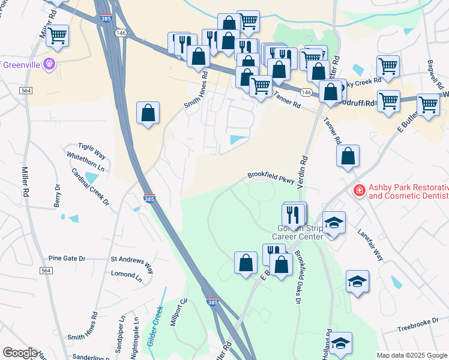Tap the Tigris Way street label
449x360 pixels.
point(91,147)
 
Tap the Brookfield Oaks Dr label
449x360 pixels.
point(297,277)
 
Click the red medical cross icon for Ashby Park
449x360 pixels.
point(359,191)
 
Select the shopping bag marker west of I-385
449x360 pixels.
point(148,112)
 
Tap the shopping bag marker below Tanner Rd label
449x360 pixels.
point(348,156)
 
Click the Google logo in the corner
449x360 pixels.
point(20,353)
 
